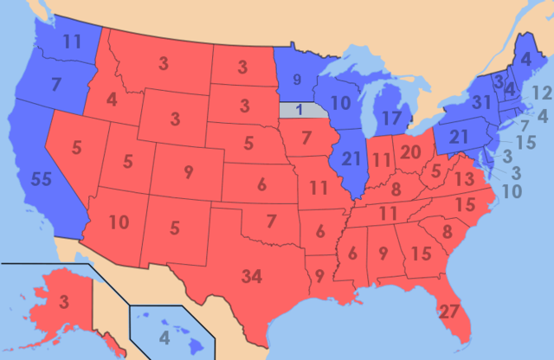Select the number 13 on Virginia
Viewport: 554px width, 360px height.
(464, 179)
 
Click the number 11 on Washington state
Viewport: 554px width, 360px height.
(71, 41)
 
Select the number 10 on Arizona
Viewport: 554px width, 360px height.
(119, 223)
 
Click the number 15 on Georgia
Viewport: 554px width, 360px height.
(422, 254)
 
